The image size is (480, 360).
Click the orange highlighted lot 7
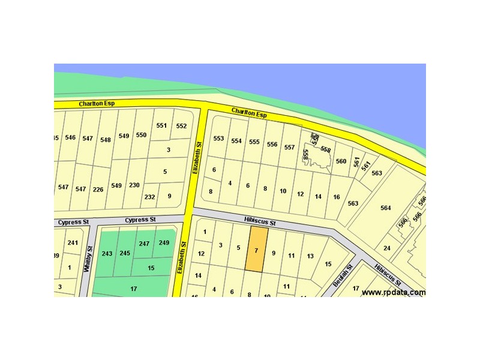256,250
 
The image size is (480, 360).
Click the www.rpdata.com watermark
394,292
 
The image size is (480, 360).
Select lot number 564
385,208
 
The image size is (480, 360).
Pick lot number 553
218,139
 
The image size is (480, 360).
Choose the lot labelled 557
290,147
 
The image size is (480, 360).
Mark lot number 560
341,161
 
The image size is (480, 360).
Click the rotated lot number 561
358,163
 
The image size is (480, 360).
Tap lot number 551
161,125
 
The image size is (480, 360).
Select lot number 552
181,126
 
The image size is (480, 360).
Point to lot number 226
98,189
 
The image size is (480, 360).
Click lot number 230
134,185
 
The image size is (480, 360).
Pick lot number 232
149,197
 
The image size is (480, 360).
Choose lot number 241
73,242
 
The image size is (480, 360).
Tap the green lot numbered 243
107,254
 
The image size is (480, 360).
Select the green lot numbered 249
164,242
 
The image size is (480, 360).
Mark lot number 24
387,248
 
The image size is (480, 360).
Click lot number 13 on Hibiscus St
310,256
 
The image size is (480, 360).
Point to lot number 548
106,140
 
